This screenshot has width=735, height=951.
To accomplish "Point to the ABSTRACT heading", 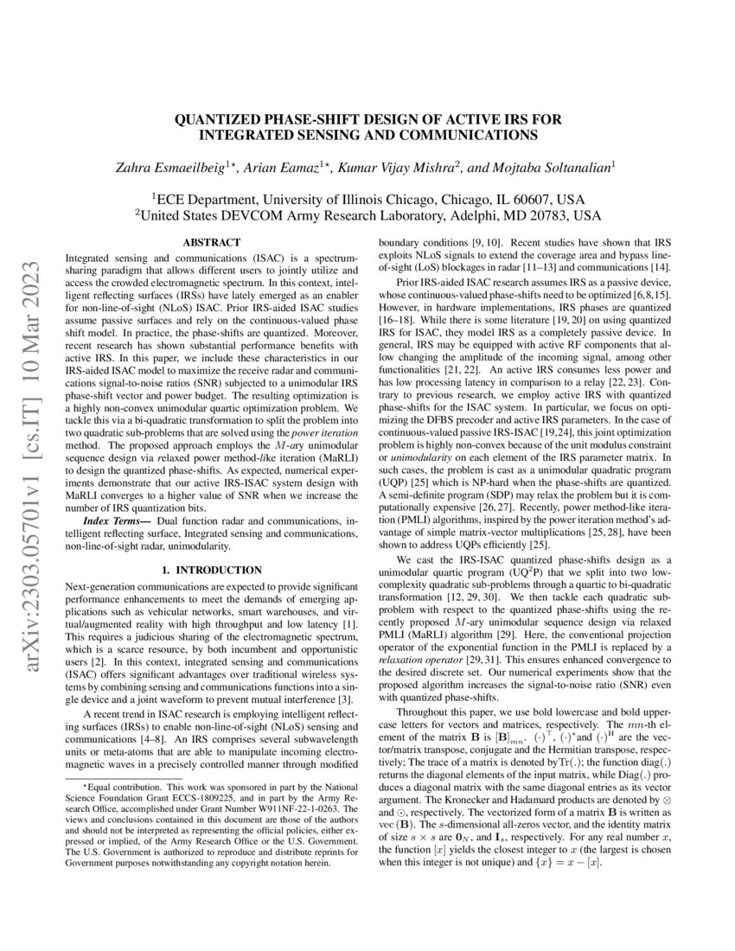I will (212, 244).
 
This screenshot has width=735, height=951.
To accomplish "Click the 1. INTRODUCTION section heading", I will (212, 570).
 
